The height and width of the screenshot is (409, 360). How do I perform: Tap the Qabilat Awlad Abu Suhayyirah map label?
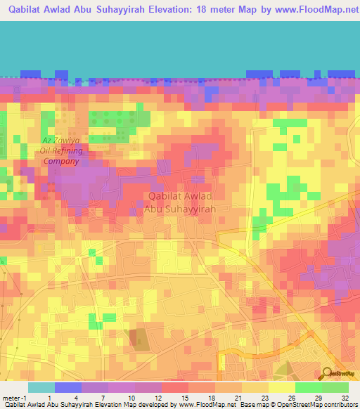(x=179, y=202)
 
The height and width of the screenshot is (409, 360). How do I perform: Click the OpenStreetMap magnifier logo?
(x=327, y=372)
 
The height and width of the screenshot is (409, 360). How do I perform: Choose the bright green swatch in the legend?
(x=309, y=387)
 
